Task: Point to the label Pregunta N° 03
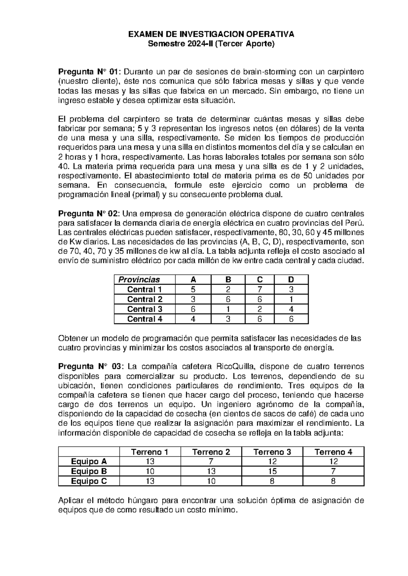(x=90, y=366)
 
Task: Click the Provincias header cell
(x=139, y=280)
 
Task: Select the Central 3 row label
(x=144, y=309)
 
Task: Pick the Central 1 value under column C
(x=260, y=289)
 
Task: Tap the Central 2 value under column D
(x=291, y=299)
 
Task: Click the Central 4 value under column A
(x=193, y=319)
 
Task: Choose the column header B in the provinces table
(x=228, y=280)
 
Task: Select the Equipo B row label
(x=89, y=471)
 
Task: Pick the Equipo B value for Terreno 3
(x=272, y=471)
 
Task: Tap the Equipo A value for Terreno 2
(x=211, y=462)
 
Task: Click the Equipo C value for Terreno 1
(x=150, y=481)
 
